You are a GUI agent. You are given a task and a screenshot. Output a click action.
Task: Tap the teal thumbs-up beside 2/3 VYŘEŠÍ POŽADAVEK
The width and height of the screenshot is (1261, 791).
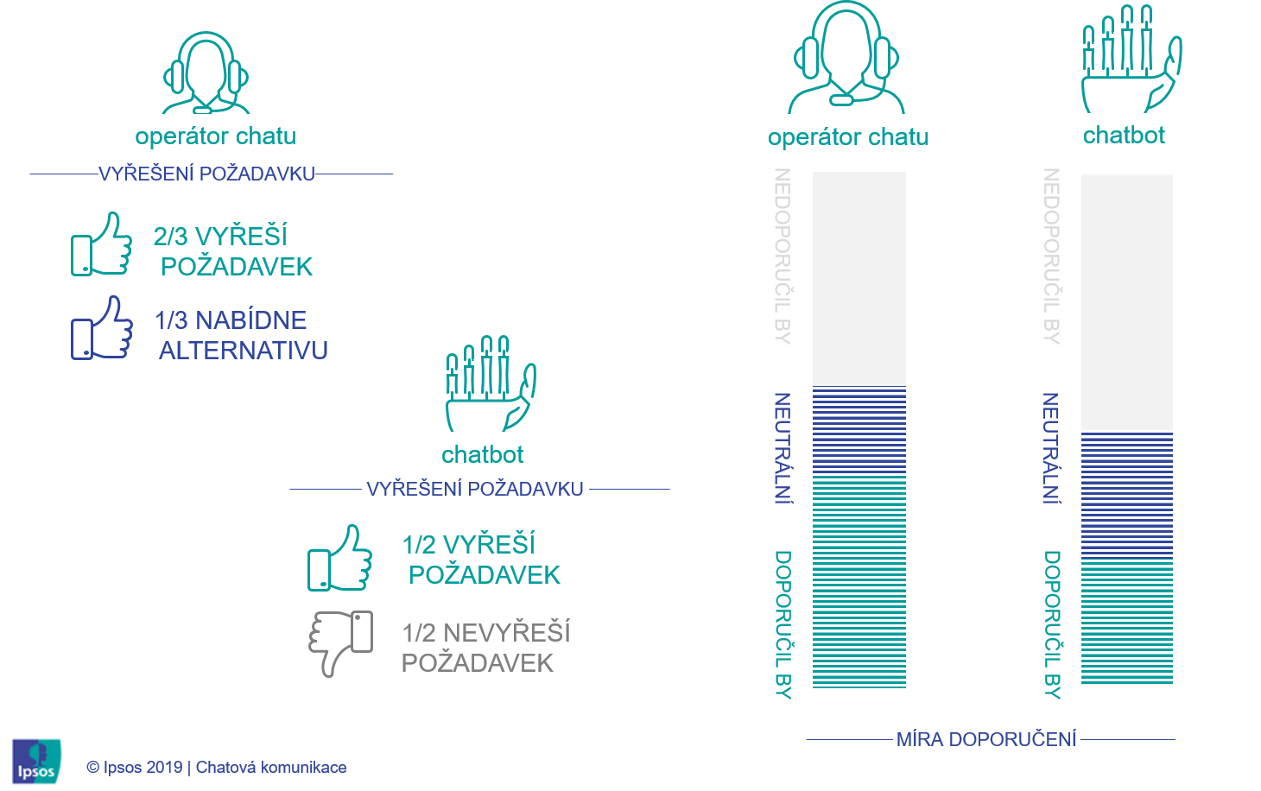102,245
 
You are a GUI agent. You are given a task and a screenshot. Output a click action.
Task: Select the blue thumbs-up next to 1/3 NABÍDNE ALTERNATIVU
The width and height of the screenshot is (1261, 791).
102,328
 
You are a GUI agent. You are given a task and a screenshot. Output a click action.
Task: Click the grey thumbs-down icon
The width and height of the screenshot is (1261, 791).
341,642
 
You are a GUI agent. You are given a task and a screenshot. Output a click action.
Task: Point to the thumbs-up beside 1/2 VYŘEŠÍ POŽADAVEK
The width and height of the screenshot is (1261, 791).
340,559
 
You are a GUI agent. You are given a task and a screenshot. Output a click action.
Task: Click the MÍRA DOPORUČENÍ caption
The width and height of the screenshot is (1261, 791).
986,739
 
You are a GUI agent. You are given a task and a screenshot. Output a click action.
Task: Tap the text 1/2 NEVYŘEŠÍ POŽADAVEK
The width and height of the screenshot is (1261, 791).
485,648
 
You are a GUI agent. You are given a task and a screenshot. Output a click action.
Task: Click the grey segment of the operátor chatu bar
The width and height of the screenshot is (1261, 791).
859,278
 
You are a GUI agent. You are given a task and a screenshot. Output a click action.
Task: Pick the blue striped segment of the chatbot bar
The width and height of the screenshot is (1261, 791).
1127,496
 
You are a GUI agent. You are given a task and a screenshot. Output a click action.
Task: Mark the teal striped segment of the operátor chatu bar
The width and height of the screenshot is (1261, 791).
859,580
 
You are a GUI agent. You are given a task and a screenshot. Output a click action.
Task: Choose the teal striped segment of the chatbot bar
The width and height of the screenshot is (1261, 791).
1127,623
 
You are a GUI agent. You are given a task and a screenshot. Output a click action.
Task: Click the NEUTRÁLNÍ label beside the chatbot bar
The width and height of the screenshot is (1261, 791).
1051,447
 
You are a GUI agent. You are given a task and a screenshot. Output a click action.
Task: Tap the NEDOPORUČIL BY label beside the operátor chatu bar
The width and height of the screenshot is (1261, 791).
783,256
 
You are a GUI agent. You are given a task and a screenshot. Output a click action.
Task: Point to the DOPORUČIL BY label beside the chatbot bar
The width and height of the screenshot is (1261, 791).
1051,623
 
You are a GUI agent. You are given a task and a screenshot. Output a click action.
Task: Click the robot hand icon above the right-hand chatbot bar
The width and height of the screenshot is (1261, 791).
1131,59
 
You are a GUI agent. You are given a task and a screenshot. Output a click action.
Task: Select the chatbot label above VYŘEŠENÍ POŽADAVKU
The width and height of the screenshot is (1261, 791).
483,454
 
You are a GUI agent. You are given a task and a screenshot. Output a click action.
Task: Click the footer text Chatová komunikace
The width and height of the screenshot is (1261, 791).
271,767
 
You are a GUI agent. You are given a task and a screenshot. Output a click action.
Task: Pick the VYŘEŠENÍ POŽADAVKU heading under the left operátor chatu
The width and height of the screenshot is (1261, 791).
206,174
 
